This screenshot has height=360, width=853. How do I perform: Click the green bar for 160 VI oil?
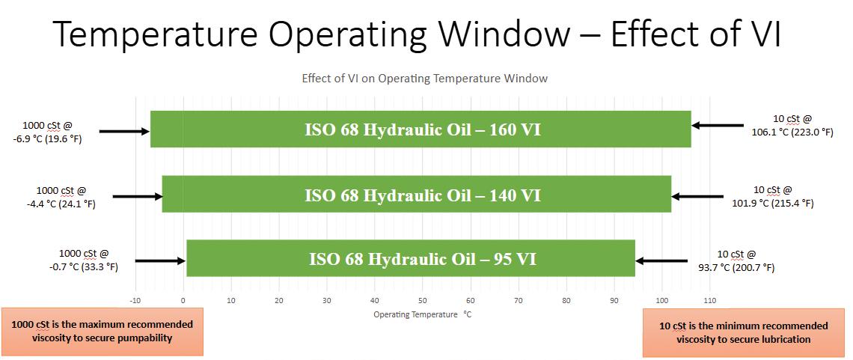coord(421,129)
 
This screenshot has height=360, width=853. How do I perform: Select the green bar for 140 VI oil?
coord(417,194)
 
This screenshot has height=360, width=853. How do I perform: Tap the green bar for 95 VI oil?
coord(411,257)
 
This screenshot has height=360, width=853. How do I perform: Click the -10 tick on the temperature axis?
coord(135,300)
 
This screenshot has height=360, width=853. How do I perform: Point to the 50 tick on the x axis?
coord(422,300)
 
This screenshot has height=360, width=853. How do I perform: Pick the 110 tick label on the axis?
coord(709,300)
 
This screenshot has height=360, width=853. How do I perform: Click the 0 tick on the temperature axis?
coord(183,300)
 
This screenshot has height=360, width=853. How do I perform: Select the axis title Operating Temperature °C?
coord(421,314)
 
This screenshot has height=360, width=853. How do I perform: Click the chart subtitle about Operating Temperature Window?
coord(425,79)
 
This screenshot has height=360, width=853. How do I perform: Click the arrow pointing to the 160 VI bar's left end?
coord(124,131)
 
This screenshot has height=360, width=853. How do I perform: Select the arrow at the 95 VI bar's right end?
coord(661,261)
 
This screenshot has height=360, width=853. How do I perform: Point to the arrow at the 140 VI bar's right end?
coord(697,197)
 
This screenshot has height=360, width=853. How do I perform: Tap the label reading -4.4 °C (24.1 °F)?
coord(65,204)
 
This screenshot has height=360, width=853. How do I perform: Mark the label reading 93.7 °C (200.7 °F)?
coord(736,267)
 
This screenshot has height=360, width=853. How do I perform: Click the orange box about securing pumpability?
coord(103,332)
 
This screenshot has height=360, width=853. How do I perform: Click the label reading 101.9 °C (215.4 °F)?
coord(772,204)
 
